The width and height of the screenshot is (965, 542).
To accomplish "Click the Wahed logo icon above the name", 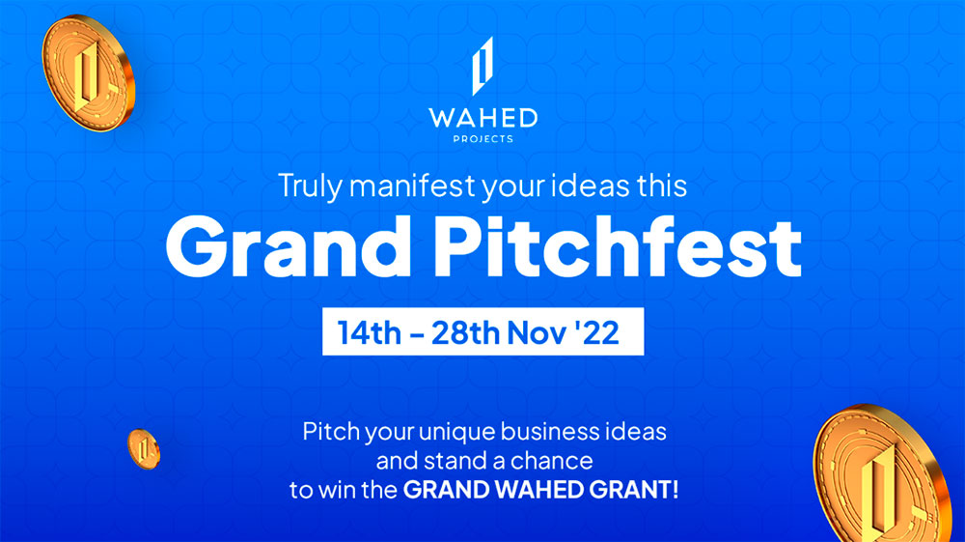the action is pyautogui.click(x=482, y=66).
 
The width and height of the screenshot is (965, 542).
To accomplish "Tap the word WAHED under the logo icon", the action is pyautogui.click(x=483, y=118).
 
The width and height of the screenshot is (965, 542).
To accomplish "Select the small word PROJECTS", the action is pyautogui.click(x=483, y=139).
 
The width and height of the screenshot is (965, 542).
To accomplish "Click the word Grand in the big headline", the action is pyautogui.click(x=288, y=247).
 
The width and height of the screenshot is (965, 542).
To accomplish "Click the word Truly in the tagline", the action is pyautogui.click(x=309, y=186).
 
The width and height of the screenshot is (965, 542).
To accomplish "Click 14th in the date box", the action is pyautogui.click(x=370, y=332).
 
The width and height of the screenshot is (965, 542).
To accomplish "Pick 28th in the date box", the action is pyautogui.click(x=465, y=332).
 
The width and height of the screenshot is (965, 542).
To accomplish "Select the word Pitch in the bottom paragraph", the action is pyautogui.click(x=331, y=431).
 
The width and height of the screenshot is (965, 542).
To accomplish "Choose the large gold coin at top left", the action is pyautogui.click(x=88, y=73).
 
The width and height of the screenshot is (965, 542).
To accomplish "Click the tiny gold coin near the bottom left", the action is pyautogui.click(x=144, y=449).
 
